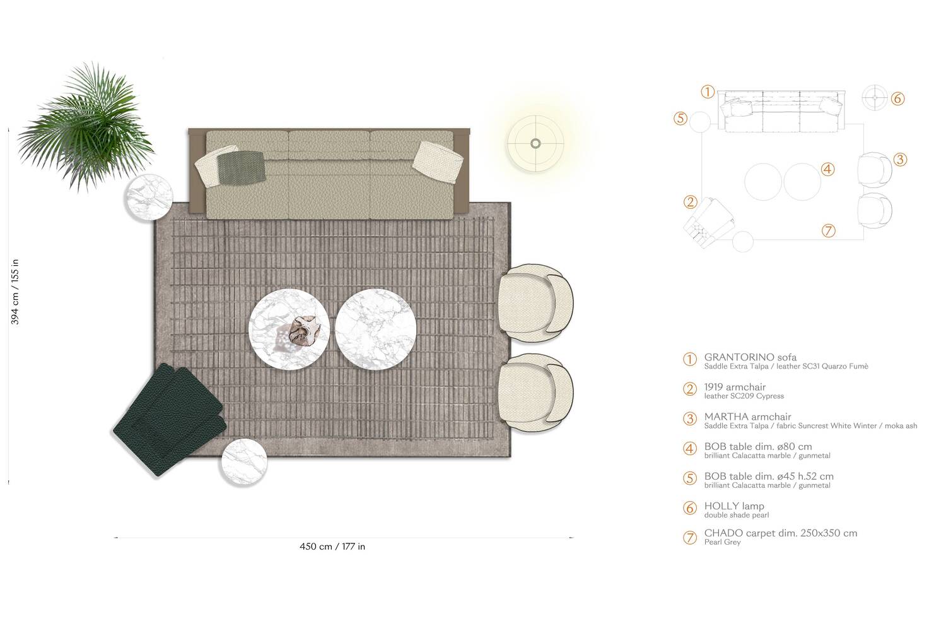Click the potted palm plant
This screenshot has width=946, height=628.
pos(85,126)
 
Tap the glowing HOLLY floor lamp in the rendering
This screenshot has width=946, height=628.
pos(535,144)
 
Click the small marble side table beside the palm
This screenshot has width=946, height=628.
pos(149,198)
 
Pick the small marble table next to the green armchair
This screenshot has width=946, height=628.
pos(243,462)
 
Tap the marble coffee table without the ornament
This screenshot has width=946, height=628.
pos(369,328)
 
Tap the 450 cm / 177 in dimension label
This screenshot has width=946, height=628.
pos(332,547)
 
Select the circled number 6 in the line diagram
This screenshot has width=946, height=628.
pos(898,99)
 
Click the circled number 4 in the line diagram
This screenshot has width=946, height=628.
pos(827,169)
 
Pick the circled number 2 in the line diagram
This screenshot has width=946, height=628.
pos(690,202)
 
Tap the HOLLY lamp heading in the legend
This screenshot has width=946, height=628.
pos(734,506)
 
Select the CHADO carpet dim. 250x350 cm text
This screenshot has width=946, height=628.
pos(780,533)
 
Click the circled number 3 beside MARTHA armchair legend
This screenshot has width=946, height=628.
pos(690,418)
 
